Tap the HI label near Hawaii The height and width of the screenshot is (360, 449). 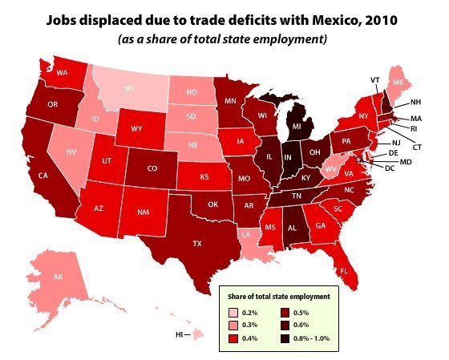tap(180, 333)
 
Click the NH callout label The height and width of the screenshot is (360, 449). tap(415, 103)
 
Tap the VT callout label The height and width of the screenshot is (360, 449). tap(374, 80)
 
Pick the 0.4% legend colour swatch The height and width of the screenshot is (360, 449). tap(233, 338)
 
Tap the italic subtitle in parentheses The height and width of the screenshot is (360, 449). tap(224, 38)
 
